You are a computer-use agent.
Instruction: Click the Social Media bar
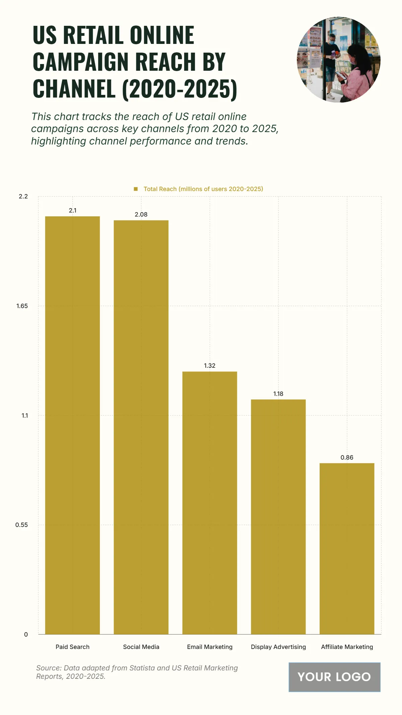(x=141, y=427)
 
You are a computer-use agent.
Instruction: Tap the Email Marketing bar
(x=210, y=503)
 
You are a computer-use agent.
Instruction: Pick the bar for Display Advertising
(x=278, y=517)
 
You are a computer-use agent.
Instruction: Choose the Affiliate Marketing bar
(x=347, y=548)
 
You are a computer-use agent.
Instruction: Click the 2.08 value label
(x=141, y=215)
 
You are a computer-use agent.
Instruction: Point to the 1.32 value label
(x=210, y=366)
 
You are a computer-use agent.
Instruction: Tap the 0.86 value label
(x=347, y=458)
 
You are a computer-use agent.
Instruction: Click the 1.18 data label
(x=278, y=394)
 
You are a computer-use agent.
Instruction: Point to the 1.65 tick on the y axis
(x=22, y=306)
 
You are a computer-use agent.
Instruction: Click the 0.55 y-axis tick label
(x=21, y=525)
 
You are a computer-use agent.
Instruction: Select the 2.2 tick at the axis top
(x=23, y=196)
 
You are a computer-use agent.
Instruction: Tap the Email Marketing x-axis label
(x=210, y=647)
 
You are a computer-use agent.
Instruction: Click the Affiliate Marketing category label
(x=347, y=647)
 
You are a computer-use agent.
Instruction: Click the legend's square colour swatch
(x=136, y=189)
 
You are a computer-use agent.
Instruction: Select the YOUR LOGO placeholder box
(x=334, y=677)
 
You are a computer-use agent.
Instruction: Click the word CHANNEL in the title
(x=74, y=89)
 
